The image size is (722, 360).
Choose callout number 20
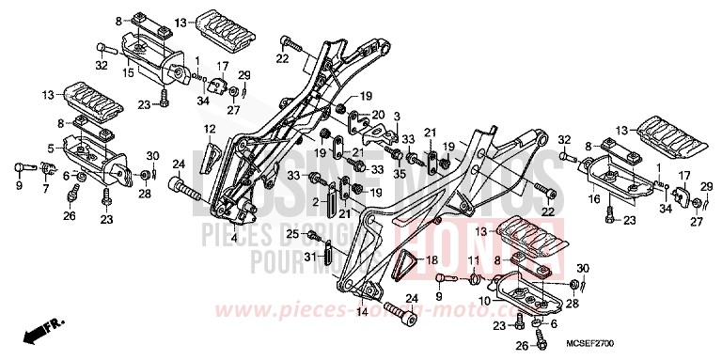click(x=378, y=116)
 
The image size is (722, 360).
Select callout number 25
click(x=293, y=234)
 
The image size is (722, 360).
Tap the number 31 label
click(x=309, y=255)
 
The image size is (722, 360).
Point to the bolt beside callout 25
click(x=314, y=234)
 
